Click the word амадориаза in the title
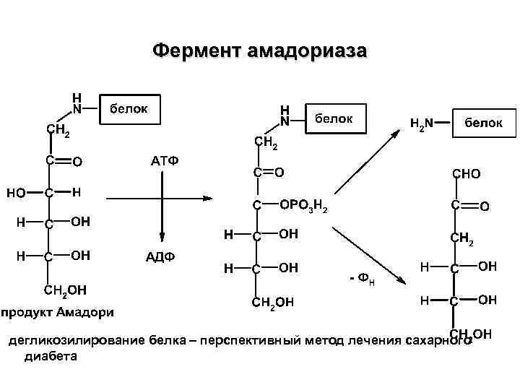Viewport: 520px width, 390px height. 306,51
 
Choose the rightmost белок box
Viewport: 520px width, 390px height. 483,123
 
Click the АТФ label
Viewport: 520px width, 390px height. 164,160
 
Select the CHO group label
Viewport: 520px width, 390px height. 466,174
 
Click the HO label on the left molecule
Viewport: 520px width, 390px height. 16,192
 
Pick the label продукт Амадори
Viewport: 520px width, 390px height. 58,312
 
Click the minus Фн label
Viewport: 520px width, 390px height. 361,278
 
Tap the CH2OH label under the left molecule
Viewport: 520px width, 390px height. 66,290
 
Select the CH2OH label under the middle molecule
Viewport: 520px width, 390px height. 273,303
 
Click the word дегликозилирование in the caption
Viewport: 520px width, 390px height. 77,339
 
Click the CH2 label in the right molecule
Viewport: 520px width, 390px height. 461,238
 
